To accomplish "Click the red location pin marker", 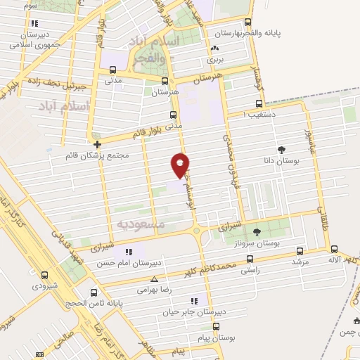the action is tap(181, 165).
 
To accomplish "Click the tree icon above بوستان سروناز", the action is tap(257, 231).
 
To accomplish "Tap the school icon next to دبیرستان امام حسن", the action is tap(128, 252).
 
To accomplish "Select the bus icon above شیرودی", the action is tap(44, 275).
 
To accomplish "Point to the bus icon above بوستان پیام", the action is tap(215, 326).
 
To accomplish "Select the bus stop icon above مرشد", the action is tap(300, 250).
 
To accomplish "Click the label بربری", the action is tap(214, 60).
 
